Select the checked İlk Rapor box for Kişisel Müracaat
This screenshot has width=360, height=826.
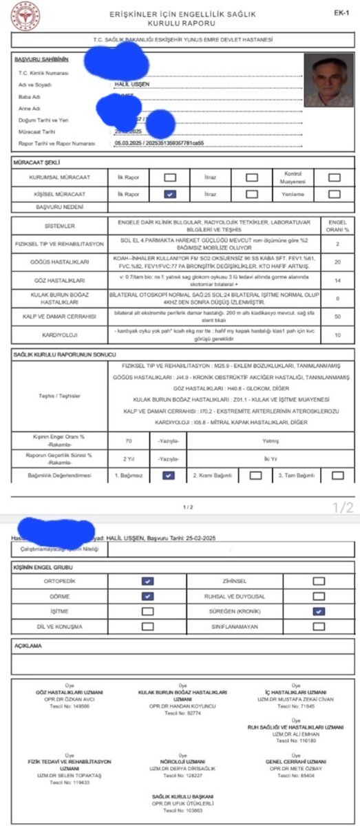coord(169,194)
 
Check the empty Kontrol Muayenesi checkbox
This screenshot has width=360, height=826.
coord(334,176)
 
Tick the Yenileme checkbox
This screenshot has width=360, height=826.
coord(334,194)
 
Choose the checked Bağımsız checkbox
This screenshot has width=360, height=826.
coord(169,475)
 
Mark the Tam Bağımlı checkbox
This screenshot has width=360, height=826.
coord(337,475)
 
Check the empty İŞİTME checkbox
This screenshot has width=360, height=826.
coord(147,611)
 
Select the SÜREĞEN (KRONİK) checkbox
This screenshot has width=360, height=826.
coord(318,611)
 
